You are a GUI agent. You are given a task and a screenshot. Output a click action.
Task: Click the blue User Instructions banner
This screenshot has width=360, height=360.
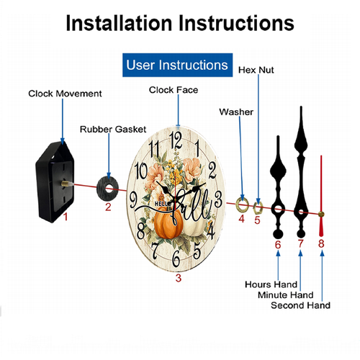177,65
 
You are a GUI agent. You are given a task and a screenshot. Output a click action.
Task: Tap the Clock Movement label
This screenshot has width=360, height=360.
65,94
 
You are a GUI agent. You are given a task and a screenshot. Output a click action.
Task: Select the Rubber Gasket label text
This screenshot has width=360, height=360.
113,130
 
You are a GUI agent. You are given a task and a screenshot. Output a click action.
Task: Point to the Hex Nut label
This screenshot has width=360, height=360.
256,70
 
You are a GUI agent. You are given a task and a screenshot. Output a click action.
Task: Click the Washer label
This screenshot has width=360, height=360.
236,112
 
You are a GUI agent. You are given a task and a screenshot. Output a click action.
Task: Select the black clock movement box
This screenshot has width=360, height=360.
55,182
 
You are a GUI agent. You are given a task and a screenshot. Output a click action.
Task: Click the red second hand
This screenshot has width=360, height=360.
321,196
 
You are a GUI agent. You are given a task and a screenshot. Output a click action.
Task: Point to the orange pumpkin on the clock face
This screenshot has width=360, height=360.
168,223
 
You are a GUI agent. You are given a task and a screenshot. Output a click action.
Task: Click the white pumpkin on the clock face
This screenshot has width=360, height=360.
195,225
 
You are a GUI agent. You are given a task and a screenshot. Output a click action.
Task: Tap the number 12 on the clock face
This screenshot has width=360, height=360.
176,140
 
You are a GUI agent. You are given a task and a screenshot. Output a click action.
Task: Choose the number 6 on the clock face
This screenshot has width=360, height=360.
176,258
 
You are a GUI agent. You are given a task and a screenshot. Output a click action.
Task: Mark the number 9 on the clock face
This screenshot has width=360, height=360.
133,200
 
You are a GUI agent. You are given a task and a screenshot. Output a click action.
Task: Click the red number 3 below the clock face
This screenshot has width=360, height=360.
178,278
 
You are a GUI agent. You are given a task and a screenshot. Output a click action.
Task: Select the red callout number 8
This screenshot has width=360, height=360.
321,243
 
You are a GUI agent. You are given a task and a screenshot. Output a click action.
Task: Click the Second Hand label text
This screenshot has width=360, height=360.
300,305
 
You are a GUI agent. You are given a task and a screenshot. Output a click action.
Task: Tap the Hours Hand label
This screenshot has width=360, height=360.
271,284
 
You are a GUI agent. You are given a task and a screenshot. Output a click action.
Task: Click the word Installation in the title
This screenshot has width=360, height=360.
120,23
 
